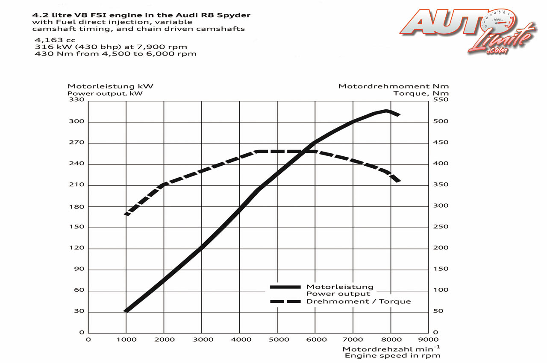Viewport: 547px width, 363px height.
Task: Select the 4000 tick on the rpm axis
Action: point(239,340)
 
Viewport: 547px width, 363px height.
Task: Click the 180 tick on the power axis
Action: point(79,207)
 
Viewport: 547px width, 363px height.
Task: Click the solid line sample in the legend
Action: point(286,287)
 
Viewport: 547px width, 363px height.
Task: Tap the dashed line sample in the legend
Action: point(286,302)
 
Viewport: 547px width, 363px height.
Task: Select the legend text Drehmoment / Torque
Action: point(358,302)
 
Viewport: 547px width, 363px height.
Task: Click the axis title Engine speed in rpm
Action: point(392,355)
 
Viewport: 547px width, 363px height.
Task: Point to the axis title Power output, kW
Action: point(105,93)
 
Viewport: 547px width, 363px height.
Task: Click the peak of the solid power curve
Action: point(386,111)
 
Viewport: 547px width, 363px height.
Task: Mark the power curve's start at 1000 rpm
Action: point(126,311)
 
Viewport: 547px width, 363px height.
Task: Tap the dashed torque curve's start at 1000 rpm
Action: point(126,214)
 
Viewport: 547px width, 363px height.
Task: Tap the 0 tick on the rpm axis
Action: point(88,340)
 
